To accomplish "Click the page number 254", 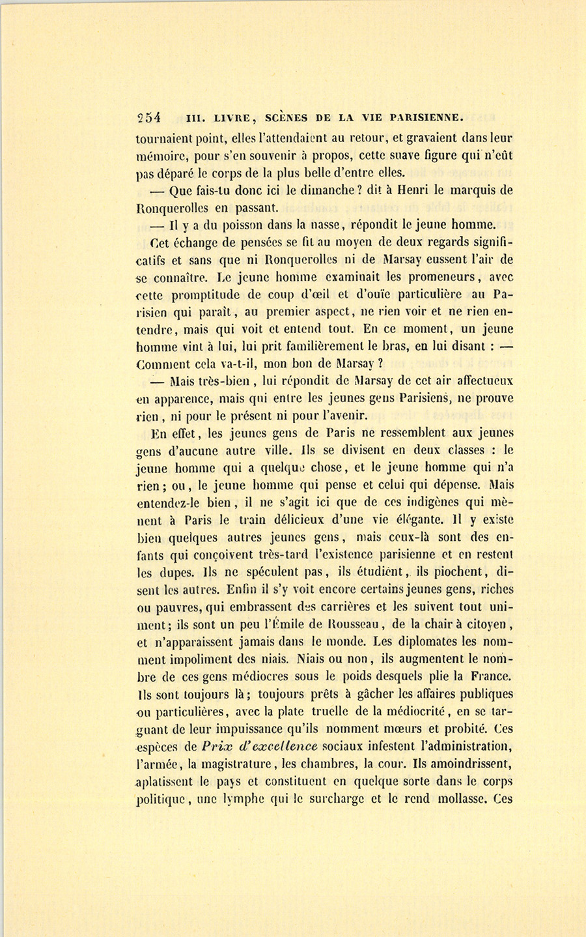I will tap(149, 118).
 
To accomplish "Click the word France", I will tap(492, 676).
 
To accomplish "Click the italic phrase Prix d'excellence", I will tap(260, 746).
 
